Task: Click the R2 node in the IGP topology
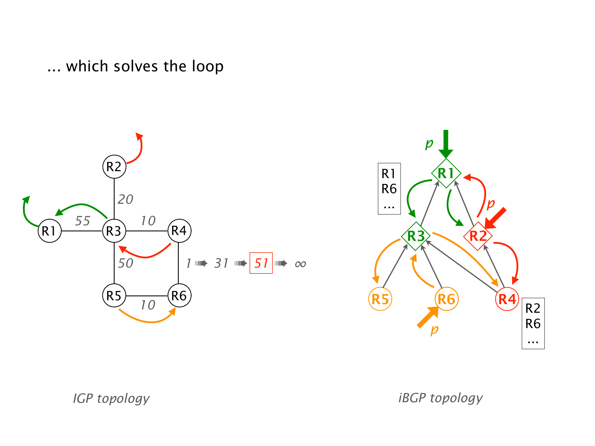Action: [x=114, y=167]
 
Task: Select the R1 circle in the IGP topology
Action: [x=50, y=231]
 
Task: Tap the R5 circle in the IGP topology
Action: [x=114, y=295]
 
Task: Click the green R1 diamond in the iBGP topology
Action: [x=446, y=173]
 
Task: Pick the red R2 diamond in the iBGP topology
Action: [x=478, y=236]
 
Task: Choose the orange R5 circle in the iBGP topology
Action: [x=380, y=299]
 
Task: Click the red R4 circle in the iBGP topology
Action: [x=507, y=299]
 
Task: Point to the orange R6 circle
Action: [x=446, y=299]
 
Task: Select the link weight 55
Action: [x=83, y=221]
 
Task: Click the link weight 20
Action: [x=125, y=199]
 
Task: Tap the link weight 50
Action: [x=125, y=263]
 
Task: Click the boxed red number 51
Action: [x=261, y=263]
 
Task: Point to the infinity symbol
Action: [x=301, y=264]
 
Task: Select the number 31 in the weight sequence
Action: [x=221, y=263]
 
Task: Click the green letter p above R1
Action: [x=429, y=143]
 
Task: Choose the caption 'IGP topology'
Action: [x=111, y=398]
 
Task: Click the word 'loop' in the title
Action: [x=208, y=66]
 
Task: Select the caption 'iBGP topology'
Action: [x=441, y=398]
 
